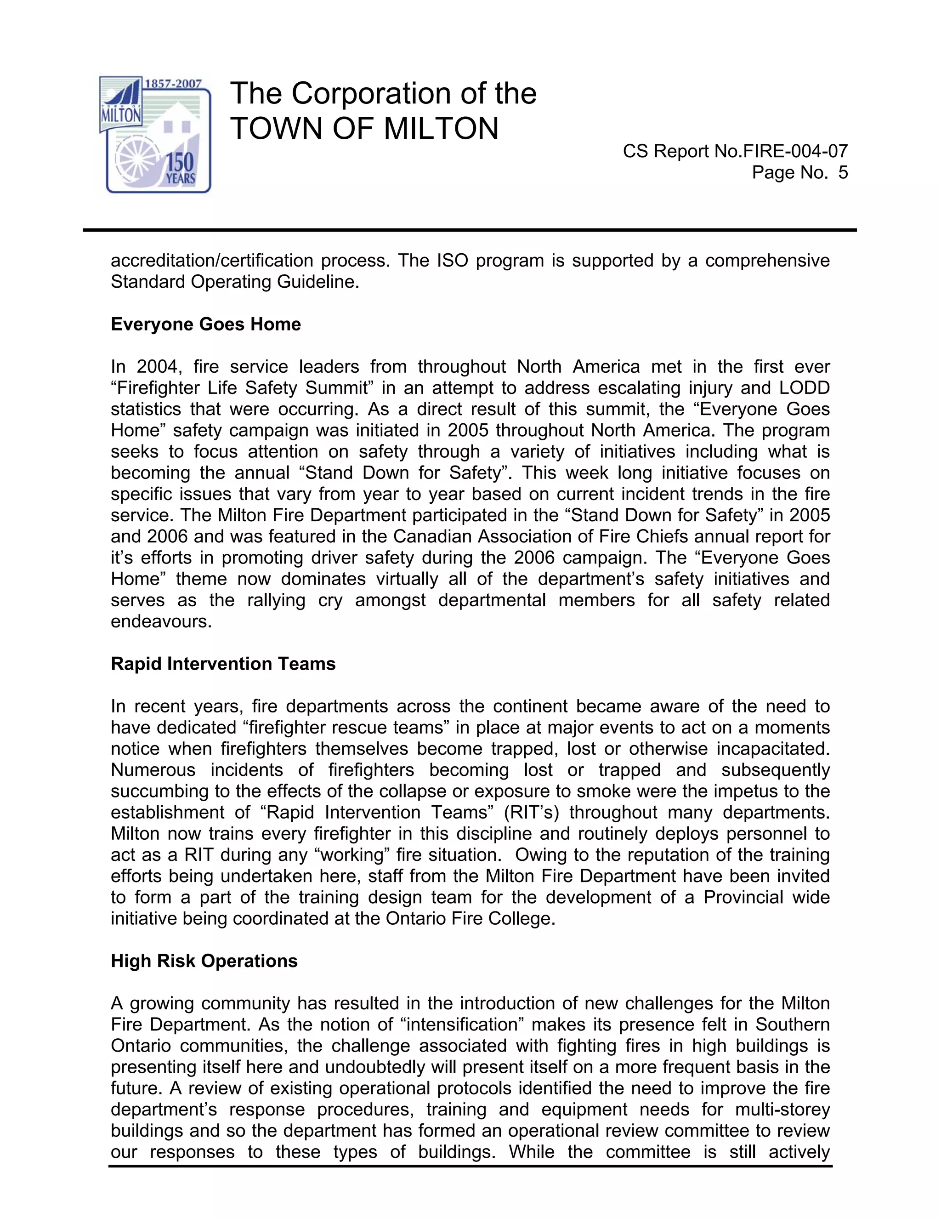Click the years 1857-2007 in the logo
(x=173, y=84)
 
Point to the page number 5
(x=842, y=172)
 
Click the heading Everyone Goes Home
(x=206, y=324)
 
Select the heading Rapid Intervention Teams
(x=223, y=664)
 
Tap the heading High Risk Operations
(x=204, y=961)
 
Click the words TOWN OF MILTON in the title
(x=364, y=129)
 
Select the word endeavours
(x=161, y=621)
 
